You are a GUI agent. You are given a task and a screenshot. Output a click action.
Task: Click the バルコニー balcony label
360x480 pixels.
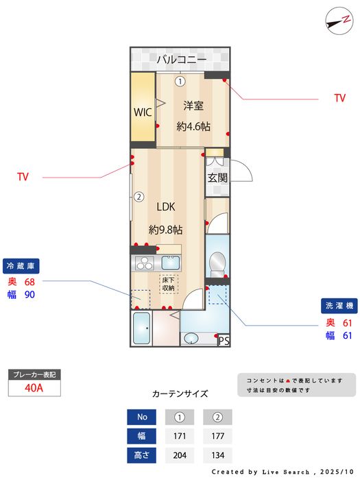[181, 60]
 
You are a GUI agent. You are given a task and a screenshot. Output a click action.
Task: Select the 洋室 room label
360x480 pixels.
[193, 106]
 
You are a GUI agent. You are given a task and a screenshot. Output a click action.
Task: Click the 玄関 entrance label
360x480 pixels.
[217, 178]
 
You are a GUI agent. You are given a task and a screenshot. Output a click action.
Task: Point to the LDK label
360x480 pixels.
[166, 206]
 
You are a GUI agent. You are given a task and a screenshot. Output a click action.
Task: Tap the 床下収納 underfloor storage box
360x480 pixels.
[169, 283]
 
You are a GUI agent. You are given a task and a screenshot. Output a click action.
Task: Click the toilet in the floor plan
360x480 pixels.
[217, 262]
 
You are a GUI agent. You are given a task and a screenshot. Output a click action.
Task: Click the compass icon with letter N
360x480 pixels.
[335, 20]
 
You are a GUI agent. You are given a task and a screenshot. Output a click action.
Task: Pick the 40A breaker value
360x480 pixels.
[34, 387]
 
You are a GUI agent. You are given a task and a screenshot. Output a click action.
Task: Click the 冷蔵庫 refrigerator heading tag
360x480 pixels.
[21, 265]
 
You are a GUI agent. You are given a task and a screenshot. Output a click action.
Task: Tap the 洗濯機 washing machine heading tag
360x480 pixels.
[339, 306]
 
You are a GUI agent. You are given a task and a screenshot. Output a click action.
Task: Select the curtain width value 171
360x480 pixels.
[180, 435]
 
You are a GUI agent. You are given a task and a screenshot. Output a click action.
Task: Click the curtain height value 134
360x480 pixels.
[217, 455]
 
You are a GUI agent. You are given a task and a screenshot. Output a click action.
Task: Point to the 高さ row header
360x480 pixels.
[142, 455]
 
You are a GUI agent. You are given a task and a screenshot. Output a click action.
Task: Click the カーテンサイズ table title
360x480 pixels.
[180, 394]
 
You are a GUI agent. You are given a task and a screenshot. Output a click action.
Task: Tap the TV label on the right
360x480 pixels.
[339, 99]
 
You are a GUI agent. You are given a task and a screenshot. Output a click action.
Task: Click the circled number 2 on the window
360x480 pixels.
[139, 197]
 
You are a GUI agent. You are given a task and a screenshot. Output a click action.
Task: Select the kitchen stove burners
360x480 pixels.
[145, 262]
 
